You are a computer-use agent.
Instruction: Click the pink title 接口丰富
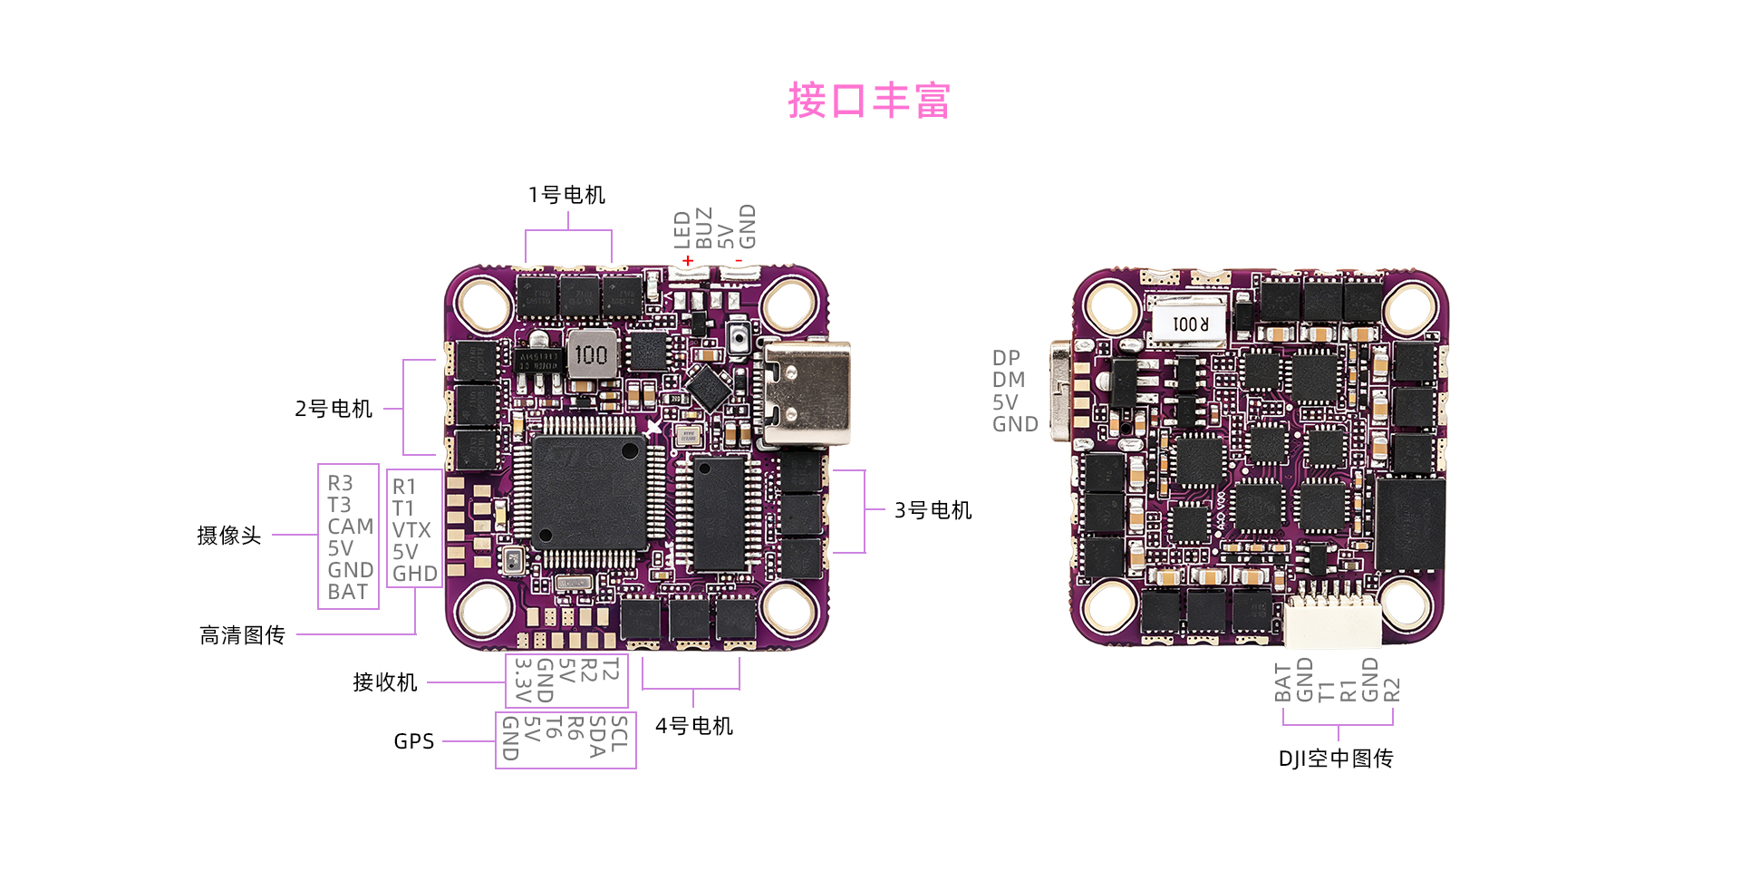pos(869,101)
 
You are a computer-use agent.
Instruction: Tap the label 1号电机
pos(567,195)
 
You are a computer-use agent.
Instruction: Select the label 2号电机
pos(333,409)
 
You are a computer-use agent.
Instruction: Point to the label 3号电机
pos(933,510)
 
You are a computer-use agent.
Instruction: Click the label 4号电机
pos(694,726)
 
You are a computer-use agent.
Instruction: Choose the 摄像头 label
pos(229,536)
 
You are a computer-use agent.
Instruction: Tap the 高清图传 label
pos(242,635)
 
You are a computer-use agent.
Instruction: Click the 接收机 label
pos(385,682)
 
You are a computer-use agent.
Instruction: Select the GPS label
pos(414,741)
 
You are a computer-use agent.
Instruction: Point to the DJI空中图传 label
pos(1336,759)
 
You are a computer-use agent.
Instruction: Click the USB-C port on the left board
pos(804,394)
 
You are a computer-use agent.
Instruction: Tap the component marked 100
pos(592,354)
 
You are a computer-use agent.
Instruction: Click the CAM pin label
pos(351,527)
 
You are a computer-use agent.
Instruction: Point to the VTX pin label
pos(411,530)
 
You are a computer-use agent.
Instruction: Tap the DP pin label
pos(1006,358)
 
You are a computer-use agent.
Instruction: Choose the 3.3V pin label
pos(523,681)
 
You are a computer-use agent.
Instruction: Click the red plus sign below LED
pos(688,261)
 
